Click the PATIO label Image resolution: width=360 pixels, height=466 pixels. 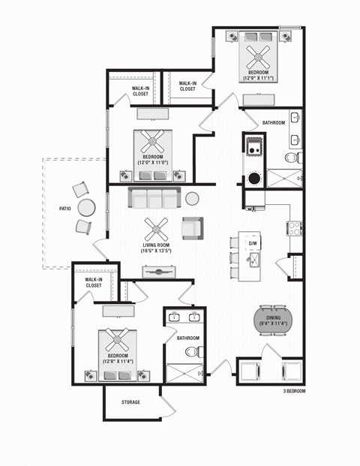(x=65, y=209)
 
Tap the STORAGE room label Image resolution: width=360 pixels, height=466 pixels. (x=131, y=402)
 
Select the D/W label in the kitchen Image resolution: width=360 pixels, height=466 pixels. (x=253, y=244)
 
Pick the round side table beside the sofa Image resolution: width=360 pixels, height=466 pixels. (x=193, y=198)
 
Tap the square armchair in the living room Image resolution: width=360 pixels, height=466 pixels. (x=192, y=226)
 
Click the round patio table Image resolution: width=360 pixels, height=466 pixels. (x=87, y=207)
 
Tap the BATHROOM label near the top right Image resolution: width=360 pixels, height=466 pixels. (x=273, y=122)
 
